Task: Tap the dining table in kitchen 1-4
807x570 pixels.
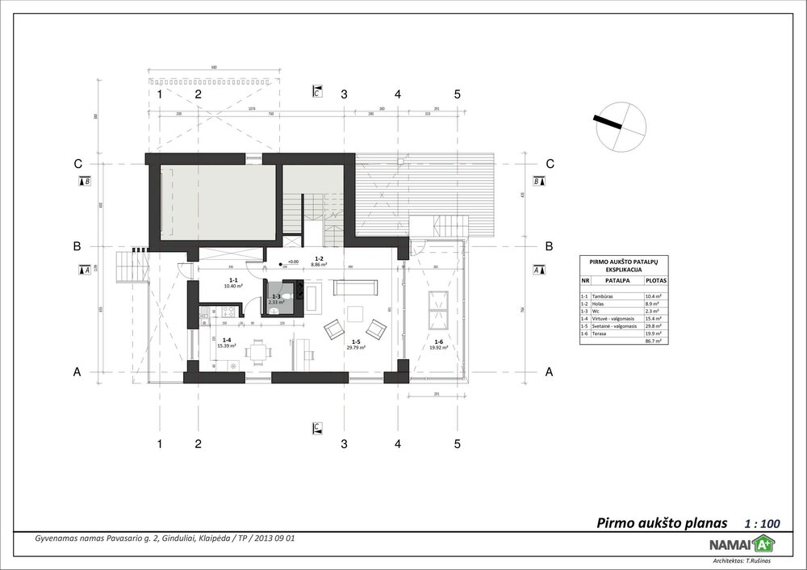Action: click(x=257, y=352)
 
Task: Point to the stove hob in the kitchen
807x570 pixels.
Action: click(x=228, y=312)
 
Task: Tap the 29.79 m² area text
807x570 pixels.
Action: click(x=356, y=347)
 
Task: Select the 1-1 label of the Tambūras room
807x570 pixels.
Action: click(x=233, y=280)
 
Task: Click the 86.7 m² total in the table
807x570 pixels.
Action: click(x=653, y=341)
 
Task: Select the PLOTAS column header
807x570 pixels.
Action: click(x=654, y=282)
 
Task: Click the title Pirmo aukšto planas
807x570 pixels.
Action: click(x=662, y=522)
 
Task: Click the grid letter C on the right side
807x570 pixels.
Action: click(x=550, y=164)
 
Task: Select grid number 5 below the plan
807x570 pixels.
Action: click(x=457, y=443)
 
